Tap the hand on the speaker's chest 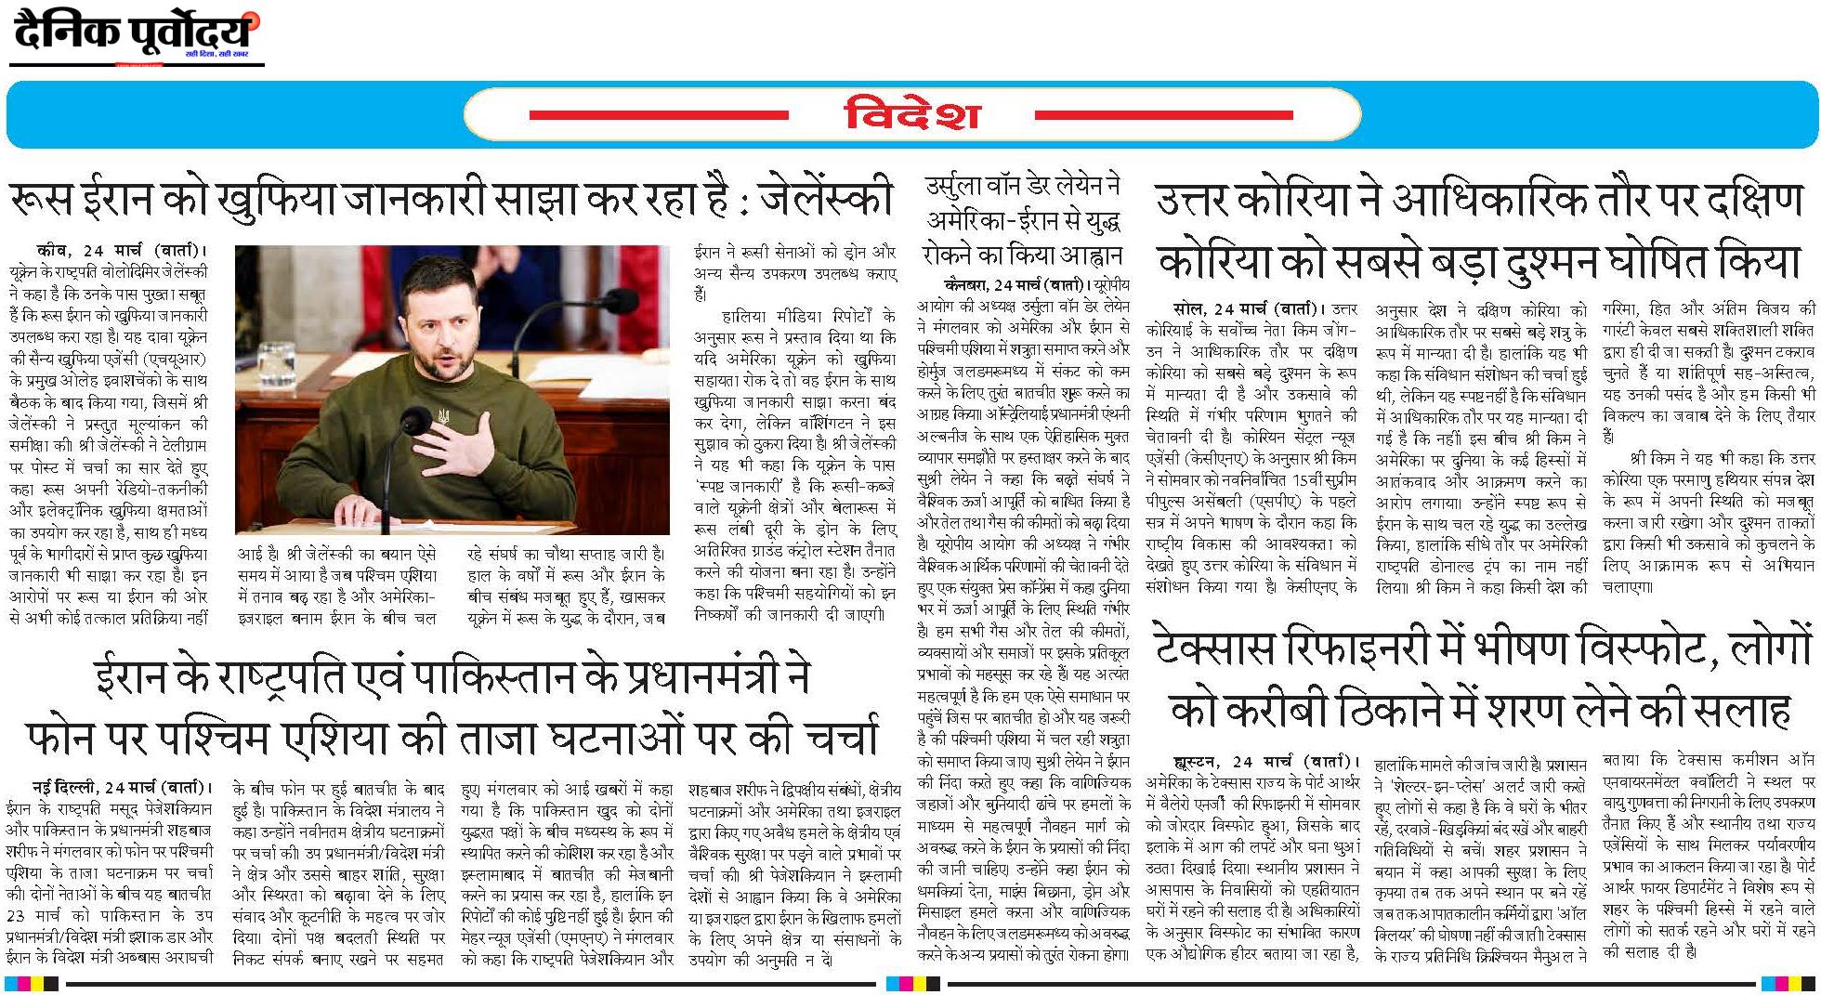pos(462,446)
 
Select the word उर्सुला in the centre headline pos(962,187)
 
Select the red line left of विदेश pos(659,116)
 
